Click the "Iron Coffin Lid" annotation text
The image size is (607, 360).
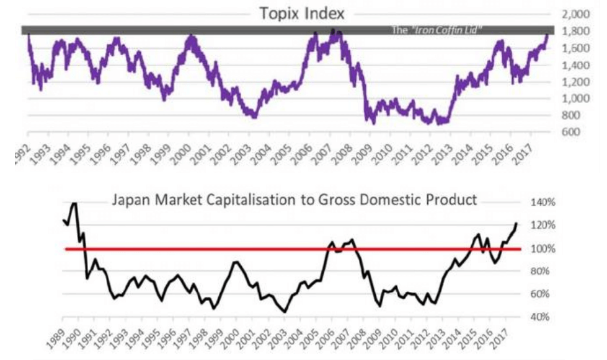[x=438, y=30]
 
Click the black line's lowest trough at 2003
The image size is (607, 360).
[x=284, y=312]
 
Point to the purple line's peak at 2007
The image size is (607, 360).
[x=333, y=30]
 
